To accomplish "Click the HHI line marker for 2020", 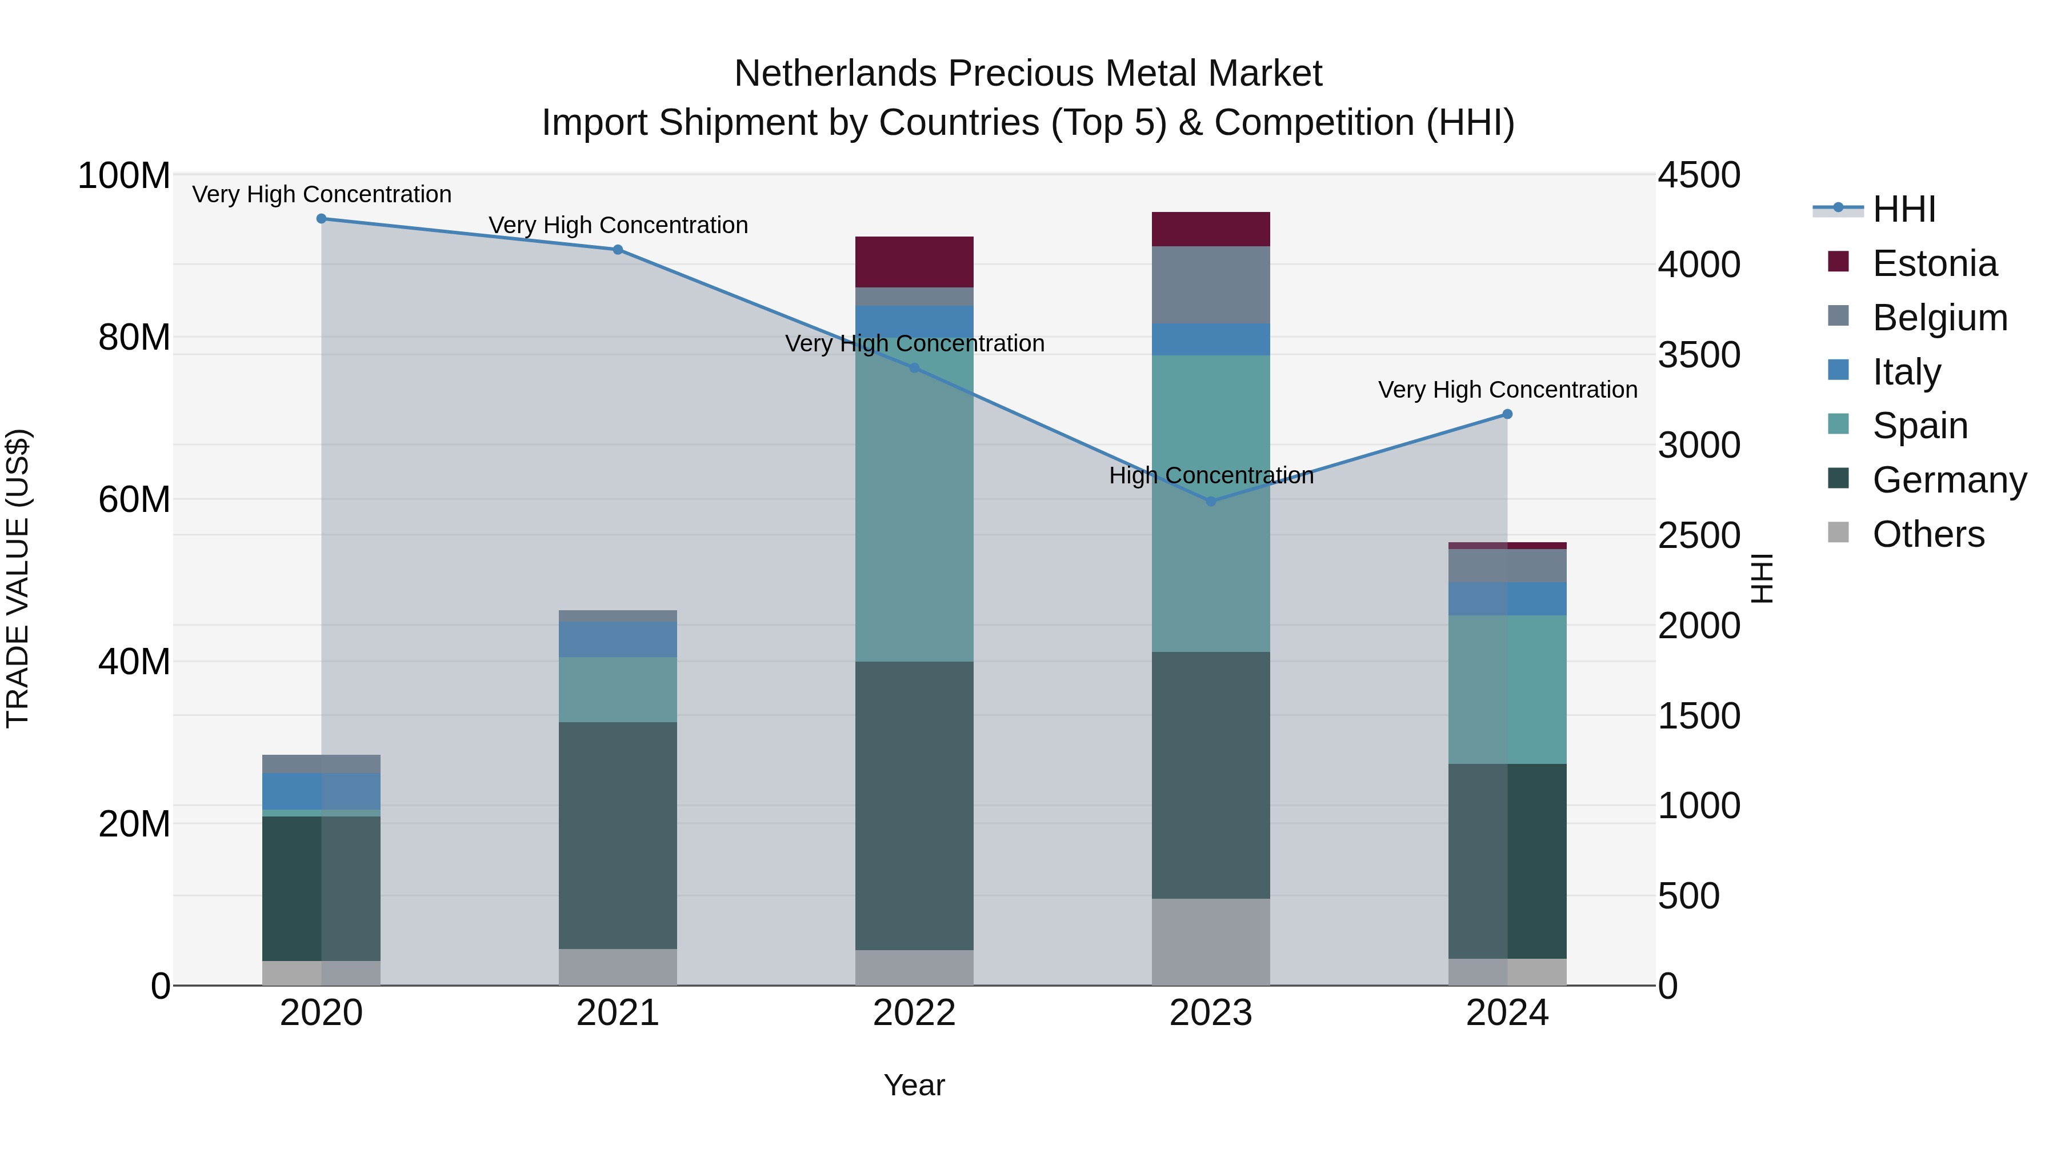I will point(321,219).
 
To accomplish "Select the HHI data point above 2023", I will point(1211,502).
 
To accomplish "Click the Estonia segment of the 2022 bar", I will point(914,262).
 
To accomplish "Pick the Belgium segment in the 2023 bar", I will point(1211,285).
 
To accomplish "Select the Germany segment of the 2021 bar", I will point(617,835).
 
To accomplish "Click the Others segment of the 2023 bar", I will point(1211,942).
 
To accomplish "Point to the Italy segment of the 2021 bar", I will point(617,639).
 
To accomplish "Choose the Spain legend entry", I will point(1920,426).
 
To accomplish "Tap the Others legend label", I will point(1928,534).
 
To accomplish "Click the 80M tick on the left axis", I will point(134,338).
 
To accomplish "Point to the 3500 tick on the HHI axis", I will point(1699,355).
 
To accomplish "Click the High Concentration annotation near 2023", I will point(1211,476).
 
